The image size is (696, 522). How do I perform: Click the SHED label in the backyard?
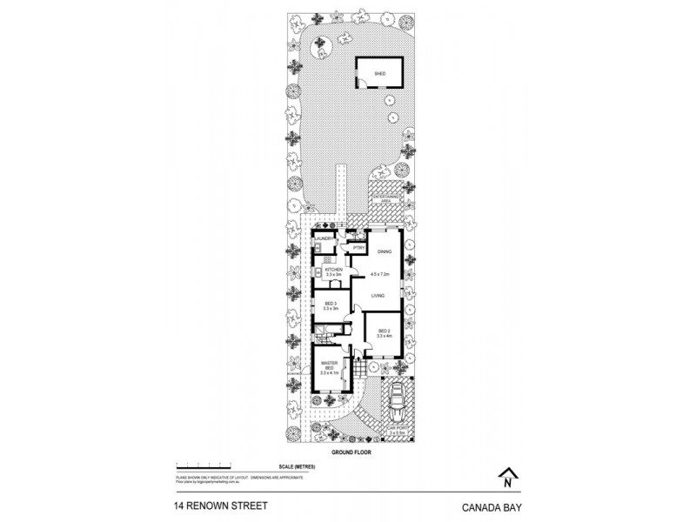(379, 75)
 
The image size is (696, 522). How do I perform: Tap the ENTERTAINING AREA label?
(385, 200)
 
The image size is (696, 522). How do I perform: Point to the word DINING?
(384, 251)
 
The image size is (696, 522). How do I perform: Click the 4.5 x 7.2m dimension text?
(380, 275)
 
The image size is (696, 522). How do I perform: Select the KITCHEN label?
(334, 272)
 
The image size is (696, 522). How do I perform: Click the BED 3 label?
(330, 305)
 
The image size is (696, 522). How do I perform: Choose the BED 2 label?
(384, 332)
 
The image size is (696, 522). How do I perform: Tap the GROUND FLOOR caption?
(347, 454)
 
